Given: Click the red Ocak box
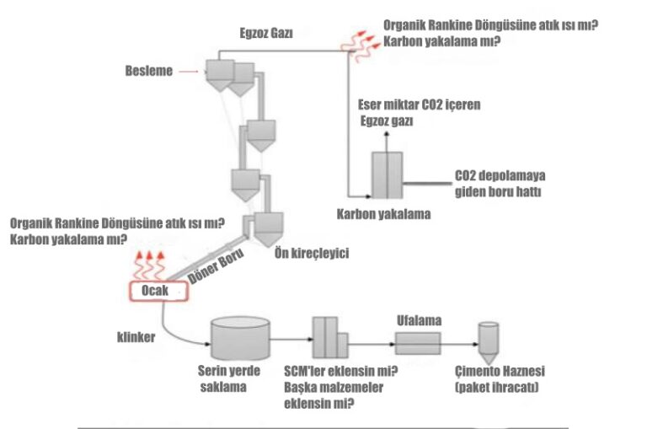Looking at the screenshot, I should [153, 291].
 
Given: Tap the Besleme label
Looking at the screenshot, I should [148, 71].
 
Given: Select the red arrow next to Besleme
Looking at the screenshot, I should [191, 71].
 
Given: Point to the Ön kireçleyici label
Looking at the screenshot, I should [311, 252].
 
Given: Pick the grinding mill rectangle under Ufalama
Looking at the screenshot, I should [417, 342].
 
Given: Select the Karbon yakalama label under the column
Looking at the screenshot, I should [383, 213].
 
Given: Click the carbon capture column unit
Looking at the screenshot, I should [388, 174].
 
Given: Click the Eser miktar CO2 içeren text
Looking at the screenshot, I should [420, 105].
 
